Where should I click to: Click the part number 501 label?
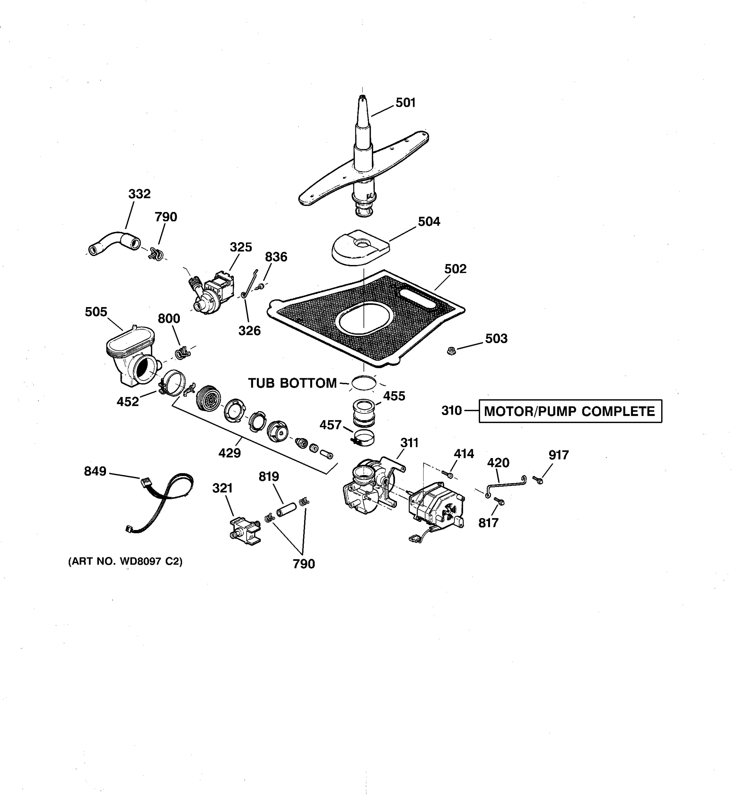tap(406, 103)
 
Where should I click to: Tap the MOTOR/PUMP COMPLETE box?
tap(570, 411)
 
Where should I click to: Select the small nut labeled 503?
tap(451, 351)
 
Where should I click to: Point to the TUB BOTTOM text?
tap(292, 383)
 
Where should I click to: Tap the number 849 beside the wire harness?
tap(95, 471)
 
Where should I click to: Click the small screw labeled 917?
tap(538, 479)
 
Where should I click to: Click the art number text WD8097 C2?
tap(125, 561)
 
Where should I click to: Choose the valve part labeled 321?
tap(245, 530)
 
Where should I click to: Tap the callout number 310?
tap(451, 411)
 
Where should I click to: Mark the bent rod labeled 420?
tap(506, 485)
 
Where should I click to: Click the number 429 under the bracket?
tap(229, 453)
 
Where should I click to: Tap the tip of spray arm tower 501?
tap(363, 97)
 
